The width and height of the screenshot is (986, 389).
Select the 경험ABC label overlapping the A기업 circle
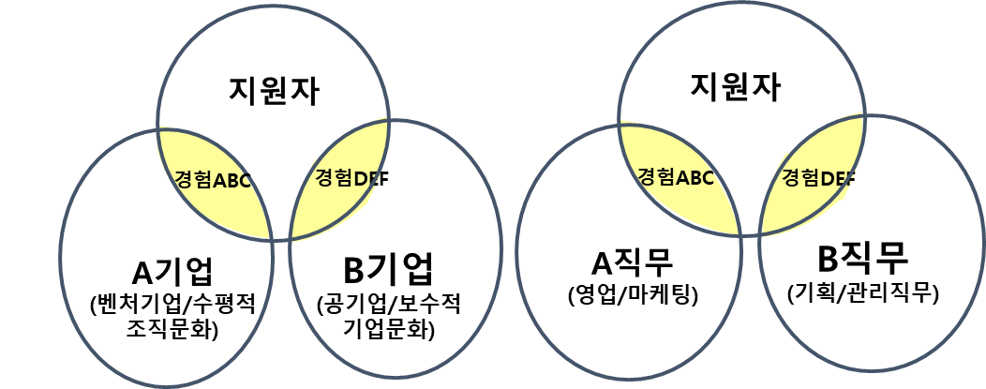pos(214,180)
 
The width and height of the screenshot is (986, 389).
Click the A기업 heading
pos(172,272)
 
